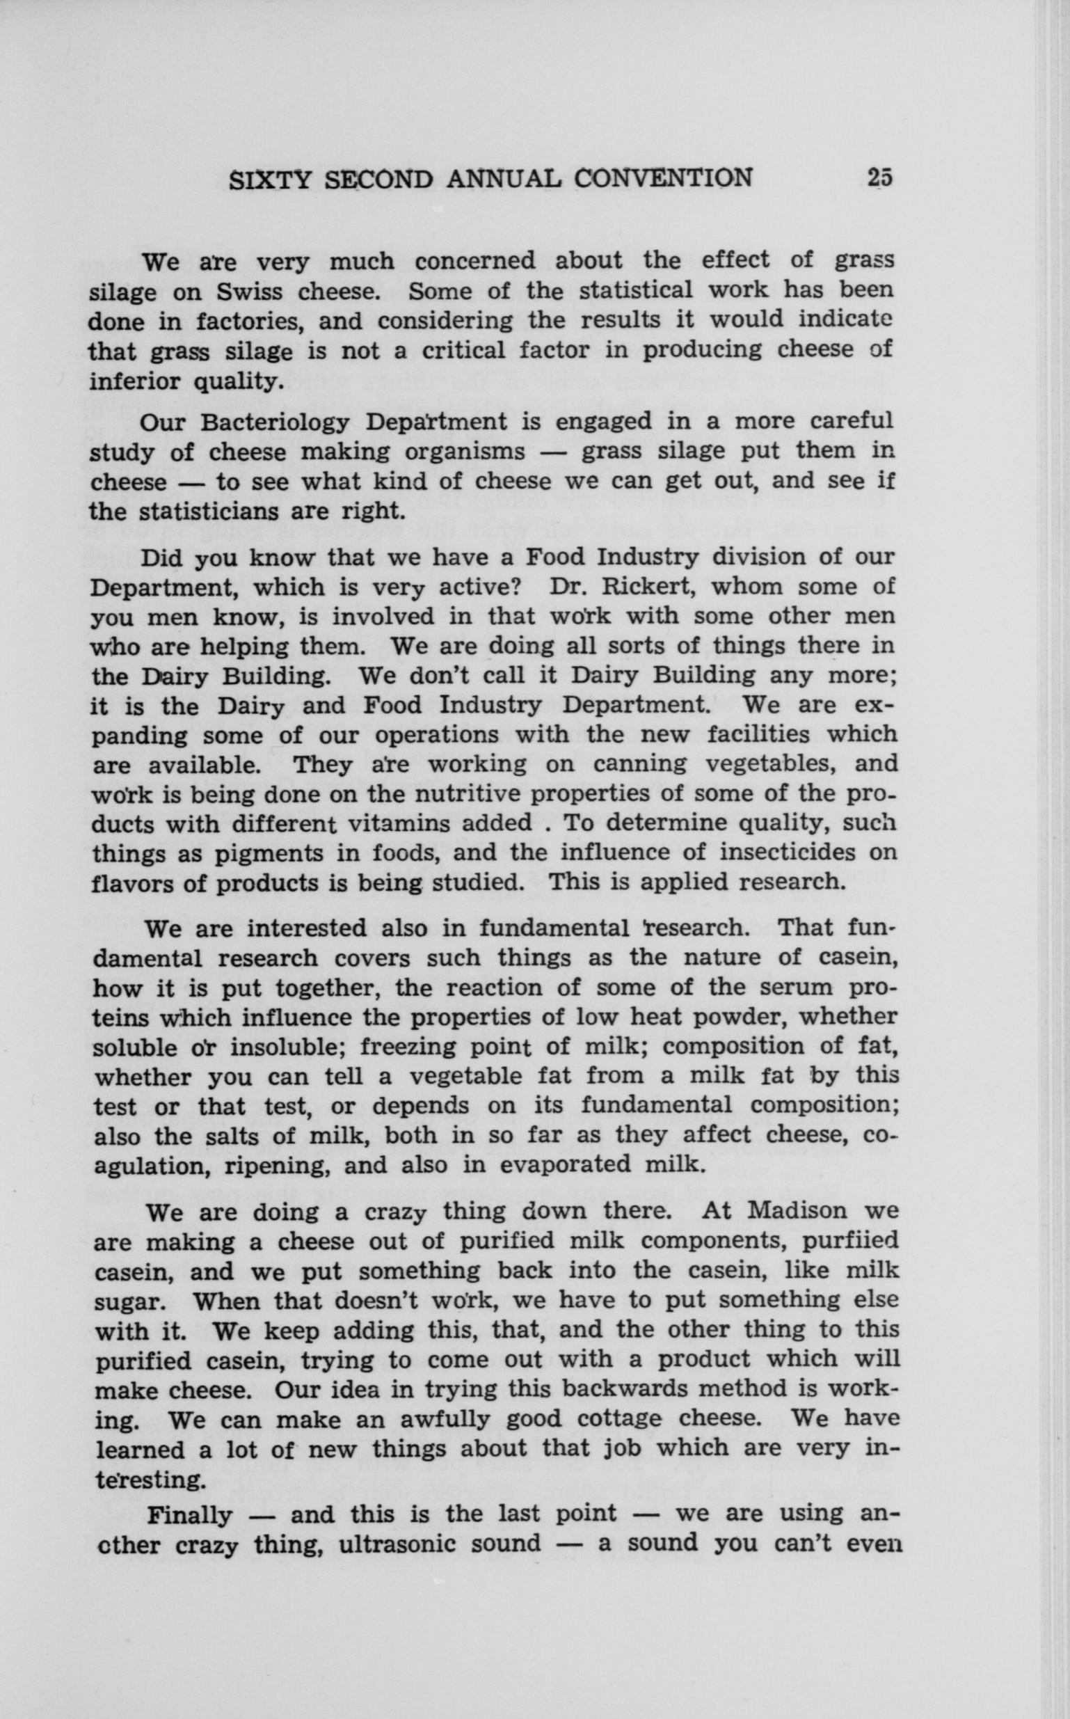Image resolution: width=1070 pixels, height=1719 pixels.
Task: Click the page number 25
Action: pos(880,177)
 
